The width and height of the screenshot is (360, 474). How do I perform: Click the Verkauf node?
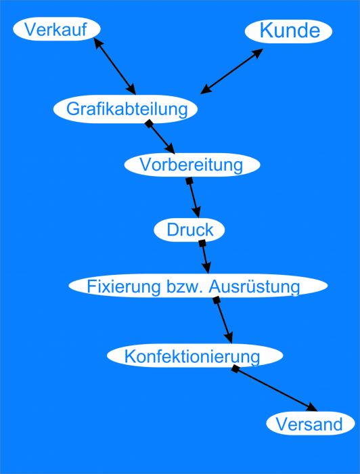57,29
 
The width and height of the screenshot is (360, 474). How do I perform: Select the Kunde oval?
289,31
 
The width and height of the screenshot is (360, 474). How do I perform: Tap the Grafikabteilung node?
126,109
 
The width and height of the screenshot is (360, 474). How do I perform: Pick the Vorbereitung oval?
192,165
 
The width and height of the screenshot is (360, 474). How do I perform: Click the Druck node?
189,230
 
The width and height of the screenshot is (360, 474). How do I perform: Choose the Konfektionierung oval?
195,355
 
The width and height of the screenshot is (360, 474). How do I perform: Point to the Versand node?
311,423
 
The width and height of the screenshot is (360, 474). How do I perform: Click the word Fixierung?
124,286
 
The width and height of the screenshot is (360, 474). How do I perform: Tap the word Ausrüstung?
254,286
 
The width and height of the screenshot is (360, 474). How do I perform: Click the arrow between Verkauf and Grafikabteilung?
115,66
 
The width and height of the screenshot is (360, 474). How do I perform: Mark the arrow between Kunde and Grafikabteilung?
231,71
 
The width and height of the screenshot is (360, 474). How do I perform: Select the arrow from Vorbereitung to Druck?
194,197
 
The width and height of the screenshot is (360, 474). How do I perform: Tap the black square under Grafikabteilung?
149,123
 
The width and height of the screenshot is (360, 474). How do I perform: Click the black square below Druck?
202,242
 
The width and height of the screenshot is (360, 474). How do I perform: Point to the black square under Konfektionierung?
235,369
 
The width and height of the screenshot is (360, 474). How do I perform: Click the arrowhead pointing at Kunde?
257,53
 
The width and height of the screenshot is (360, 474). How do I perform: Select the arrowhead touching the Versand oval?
311,407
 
